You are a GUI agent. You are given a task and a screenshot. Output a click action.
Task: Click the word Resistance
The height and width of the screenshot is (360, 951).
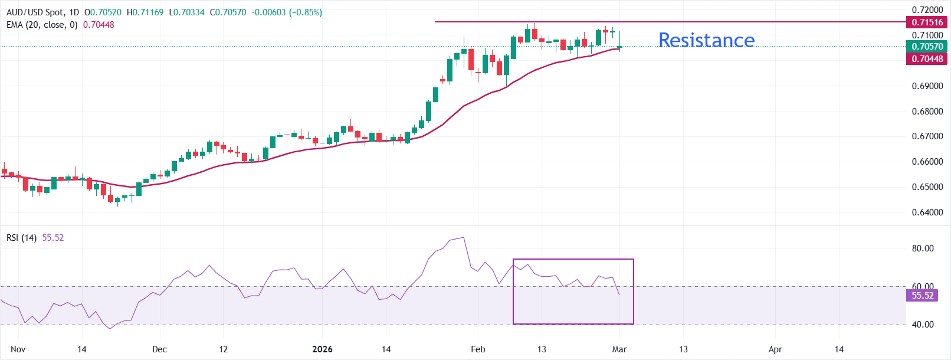[x=706, y=40]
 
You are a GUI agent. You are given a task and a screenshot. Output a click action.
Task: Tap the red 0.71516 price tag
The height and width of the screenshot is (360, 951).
[x=927, y=22]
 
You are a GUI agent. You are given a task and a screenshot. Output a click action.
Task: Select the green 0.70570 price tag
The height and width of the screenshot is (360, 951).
[x=927, y=47]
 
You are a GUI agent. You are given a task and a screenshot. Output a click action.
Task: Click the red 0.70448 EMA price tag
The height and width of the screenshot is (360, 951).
[x=927, y=58]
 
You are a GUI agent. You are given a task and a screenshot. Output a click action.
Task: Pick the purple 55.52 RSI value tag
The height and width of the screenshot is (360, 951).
[x=923, y=295]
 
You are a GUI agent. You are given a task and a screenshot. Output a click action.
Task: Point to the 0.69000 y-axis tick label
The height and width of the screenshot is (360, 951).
[x=927, y=86]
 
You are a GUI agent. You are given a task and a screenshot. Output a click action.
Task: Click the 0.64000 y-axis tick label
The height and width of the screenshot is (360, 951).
[x=927, y=212]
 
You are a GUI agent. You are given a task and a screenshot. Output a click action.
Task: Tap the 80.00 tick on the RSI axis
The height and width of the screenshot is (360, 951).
[x=923, y=248]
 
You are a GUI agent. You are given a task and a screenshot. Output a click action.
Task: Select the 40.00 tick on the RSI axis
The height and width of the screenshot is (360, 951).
[x=923, y=325]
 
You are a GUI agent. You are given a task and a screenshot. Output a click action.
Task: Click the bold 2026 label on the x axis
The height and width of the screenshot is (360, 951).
[x=322, y=349]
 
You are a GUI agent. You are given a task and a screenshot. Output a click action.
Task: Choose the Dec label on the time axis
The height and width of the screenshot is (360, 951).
[x=159, y=349]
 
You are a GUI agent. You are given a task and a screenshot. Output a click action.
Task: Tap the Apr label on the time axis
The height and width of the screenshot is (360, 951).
[x=775, y=349]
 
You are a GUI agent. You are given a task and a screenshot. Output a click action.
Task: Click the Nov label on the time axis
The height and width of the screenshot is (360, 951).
[x=18, y=349]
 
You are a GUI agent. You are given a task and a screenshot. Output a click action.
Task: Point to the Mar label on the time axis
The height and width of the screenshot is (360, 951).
[x=619, y=349]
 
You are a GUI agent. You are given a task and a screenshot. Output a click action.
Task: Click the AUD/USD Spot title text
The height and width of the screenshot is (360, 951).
[x=35, y=12]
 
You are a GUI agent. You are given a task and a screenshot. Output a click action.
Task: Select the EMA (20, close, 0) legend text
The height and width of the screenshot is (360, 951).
[x=42, y=25]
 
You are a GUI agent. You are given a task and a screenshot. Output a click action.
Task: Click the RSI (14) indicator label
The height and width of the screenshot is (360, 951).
[x=21, y=238]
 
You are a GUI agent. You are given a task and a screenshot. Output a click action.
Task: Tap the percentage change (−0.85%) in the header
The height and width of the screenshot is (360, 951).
[x=305, y=12]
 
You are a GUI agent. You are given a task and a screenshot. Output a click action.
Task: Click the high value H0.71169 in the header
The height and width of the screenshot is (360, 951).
[x=145, y=12]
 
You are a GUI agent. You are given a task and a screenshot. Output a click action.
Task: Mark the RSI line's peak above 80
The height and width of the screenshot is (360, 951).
[x=464, y=238]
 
